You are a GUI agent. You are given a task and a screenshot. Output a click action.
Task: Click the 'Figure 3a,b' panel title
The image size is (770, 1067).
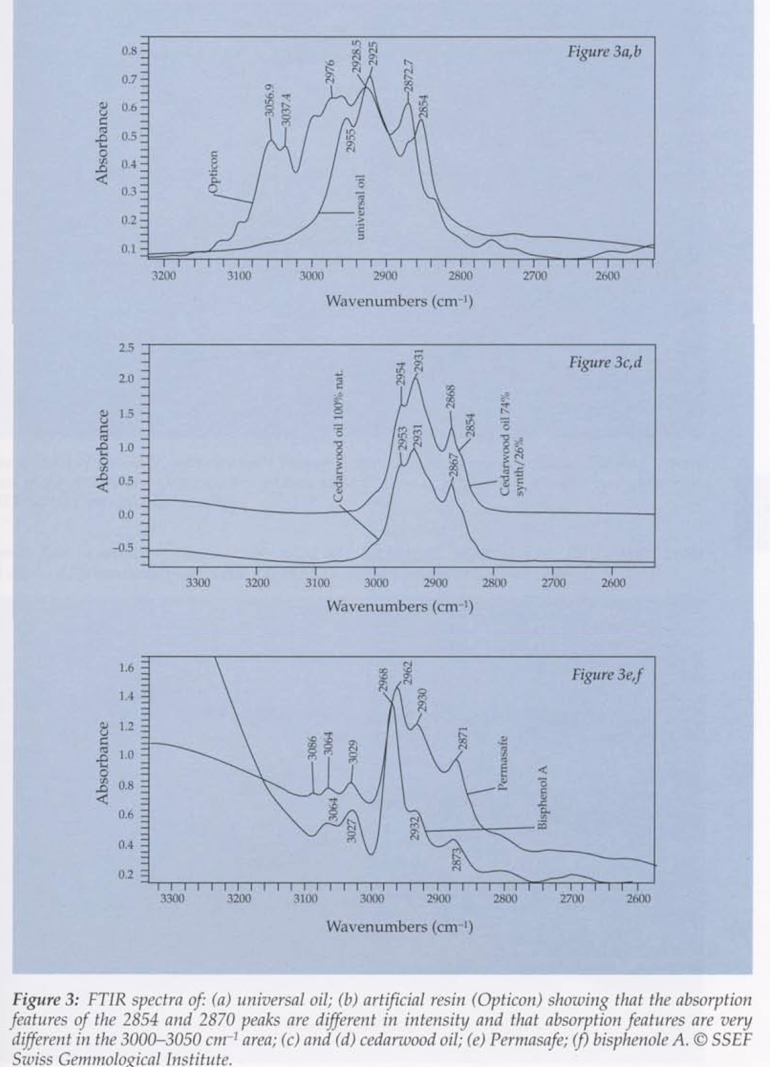click(x=604, y=51)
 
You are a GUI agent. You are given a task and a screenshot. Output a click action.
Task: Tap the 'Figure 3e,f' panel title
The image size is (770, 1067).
click(x=606, y=674)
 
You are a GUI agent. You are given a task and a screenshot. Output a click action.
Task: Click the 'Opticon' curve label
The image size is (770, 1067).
click(x=213, y=172)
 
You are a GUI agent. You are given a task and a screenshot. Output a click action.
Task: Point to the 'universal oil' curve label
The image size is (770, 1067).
click(x=361, y=206)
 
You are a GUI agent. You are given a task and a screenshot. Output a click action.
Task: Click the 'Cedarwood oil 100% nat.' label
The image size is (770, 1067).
click(x=338, y=437)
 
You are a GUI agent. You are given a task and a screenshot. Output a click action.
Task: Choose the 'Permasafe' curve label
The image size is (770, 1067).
click(x=502, y=763)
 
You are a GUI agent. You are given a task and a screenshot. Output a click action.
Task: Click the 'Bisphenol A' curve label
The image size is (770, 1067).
click(x=541, y=798)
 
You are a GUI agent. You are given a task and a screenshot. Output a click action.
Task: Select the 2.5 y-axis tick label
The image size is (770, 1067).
click(x=126, y=347)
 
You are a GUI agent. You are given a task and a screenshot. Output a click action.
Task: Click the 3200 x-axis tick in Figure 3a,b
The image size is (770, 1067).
click(x=164, y=276)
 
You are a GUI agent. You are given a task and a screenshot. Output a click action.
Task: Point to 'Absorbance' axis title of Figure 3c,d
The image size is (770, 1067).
click(x=102, y=450)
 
